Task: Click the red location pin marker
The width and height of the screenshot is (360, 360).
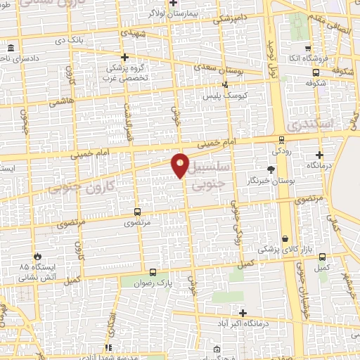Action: (x=180, y=165)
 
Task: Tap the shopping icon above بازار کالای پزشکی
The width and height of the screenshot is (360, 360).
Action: (x=285, y=239)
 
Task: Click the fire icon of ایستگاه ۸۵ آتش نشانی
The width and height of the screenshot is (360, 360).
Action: (x=37, y=257)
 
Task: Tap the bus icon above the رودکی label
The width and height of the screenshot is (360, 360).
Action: (x=281, y=139)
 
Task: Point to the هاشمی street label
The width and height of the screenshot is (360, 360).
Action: (x=59, y=102)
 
